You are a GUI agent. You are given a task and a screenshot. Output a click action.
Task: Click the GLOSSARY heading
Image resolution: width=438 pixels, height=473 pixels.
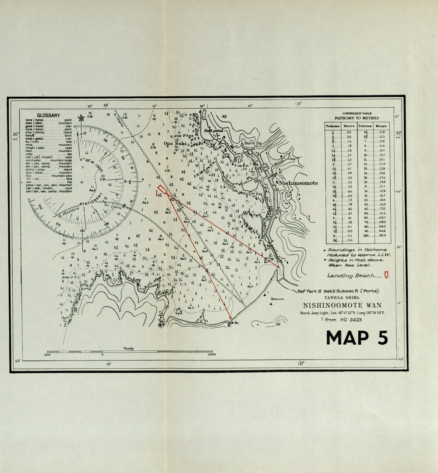click(x=49, y=115)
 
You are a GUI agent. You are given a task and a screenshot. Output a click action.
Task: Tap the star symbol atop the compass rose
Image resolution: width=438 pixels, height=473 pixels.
click(x=81, y=118)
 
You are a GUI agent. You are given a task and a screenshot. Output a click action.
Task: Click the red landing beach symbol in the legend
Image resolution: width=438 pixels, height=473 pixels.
click(x=386, y=275)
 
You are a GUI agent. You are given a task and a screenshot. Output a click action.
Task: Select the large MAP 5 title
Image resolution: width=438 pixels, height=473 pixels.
click(x=357, y=337)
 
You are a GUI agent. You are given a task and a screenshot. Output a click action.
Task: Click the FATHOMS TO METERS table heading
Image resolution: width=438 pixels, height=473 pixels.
click(x=357, y=118)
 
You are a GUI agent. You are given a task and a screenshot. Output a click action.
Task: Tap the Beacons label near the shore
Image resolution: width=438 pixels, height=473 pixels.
click(x=277, y=299)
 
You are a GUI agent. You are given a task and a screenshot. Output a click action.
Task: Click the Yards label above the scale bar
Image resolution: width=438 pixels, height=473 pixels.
click(x=128, y=348)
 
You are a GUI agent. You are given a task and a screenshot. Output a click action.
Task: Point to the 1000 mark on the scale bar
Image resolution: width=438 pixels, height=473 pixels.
click(x=212, y=355)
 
